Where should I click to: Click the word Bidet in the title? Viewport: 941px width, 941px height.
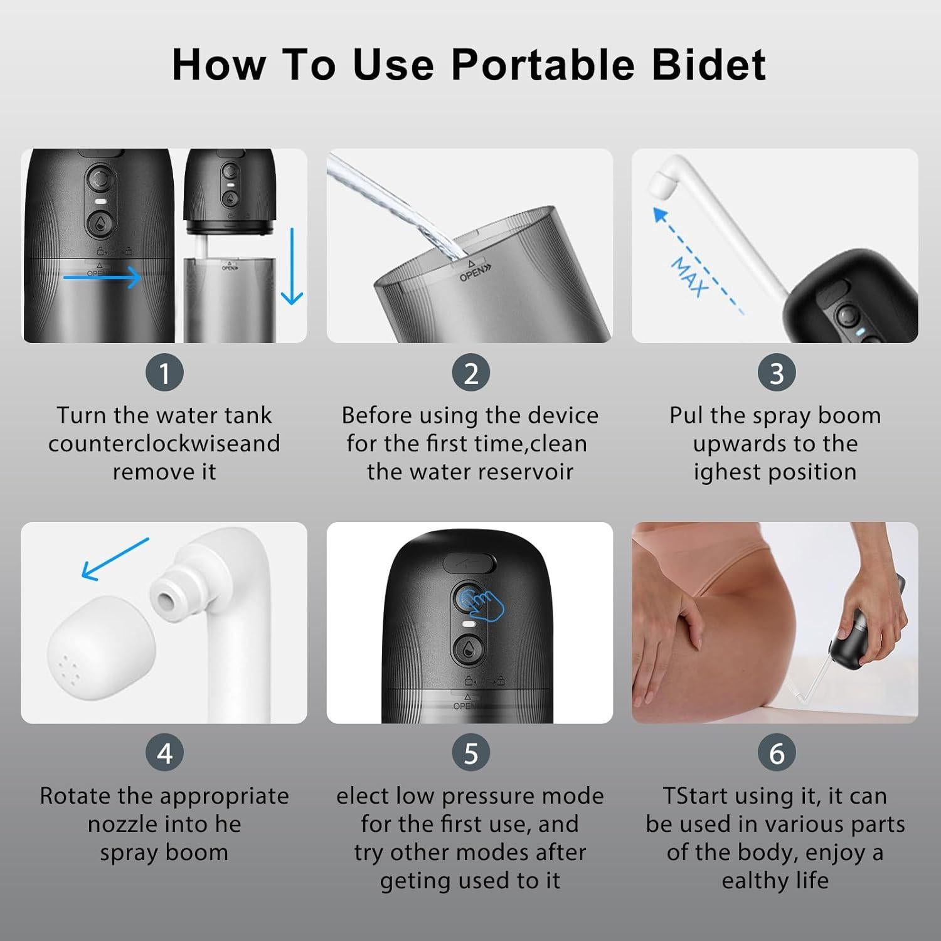[x=709, y=65]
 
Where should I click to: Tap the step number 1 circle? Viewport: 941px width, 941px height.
[x=164, y=373]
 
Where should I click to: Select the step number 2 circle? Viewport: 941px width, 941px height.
[x=470, y=373]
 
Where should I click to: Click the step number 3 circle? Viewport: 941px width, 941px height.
[x=777, y=373]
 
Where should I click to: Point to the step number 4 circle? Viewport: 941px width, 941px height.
[x=164, y=753]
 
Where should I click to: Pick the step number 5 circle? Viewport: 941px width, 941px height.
[x=470, y=753]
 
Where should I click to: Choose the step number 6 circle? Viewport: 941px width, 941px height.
[x=777, y=753]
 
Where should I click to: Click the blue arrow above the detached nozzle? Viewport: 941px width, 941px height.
[x=115, y=558]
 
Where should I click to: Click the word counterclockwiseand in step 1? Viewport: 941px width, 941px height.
[x=164, y=444]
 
